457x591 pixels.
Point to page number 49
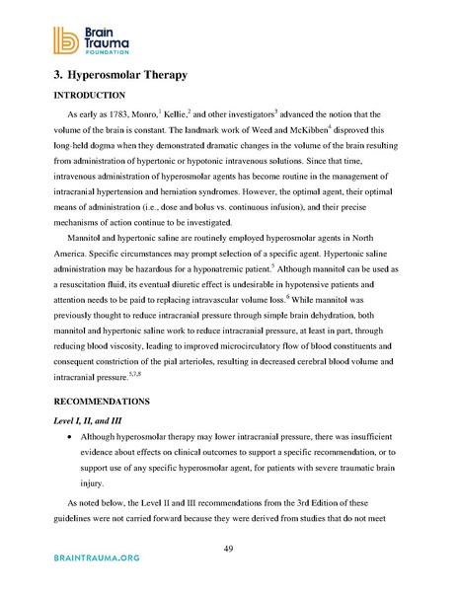[228, 551]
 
